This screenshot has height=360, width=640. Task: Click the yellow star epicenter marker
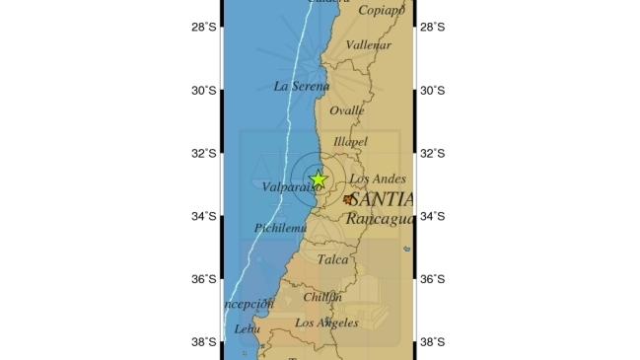point(318,180)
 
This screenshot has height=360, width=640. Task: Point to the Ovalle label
point(346,110)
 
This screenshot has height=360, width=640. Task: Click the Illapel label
point(350,142)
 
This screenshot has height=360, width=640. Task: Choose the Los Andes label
point(378,179)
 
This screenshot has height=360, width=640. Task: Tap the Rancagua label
point(380,218)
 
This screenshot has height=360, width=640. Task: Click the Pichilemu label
point(281,228)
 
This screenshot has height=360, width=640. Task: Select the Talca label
point(333,260)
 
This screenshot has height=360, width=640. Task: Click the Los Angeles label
point(326,323)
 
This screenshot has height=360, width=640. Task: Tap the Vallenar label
point(370,44)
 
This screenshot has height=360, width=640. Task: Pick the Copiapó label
point(382,11)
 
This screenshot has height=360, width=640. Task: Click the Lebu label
point(248,328)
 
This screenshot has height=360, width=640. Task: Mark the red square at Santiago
point(348,199)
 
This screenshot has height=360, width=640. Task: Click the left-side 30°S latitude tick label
point(204,91)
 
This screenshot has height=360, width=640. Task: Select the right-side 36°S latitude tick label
point(433,279)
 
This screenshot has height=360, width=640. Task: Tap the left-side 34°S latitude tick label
point(204,216)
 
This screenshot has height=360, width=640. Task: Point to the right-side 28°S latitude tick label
point(433,28)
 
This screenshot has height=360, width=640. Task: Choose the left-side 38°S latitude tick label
point(204,342)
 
